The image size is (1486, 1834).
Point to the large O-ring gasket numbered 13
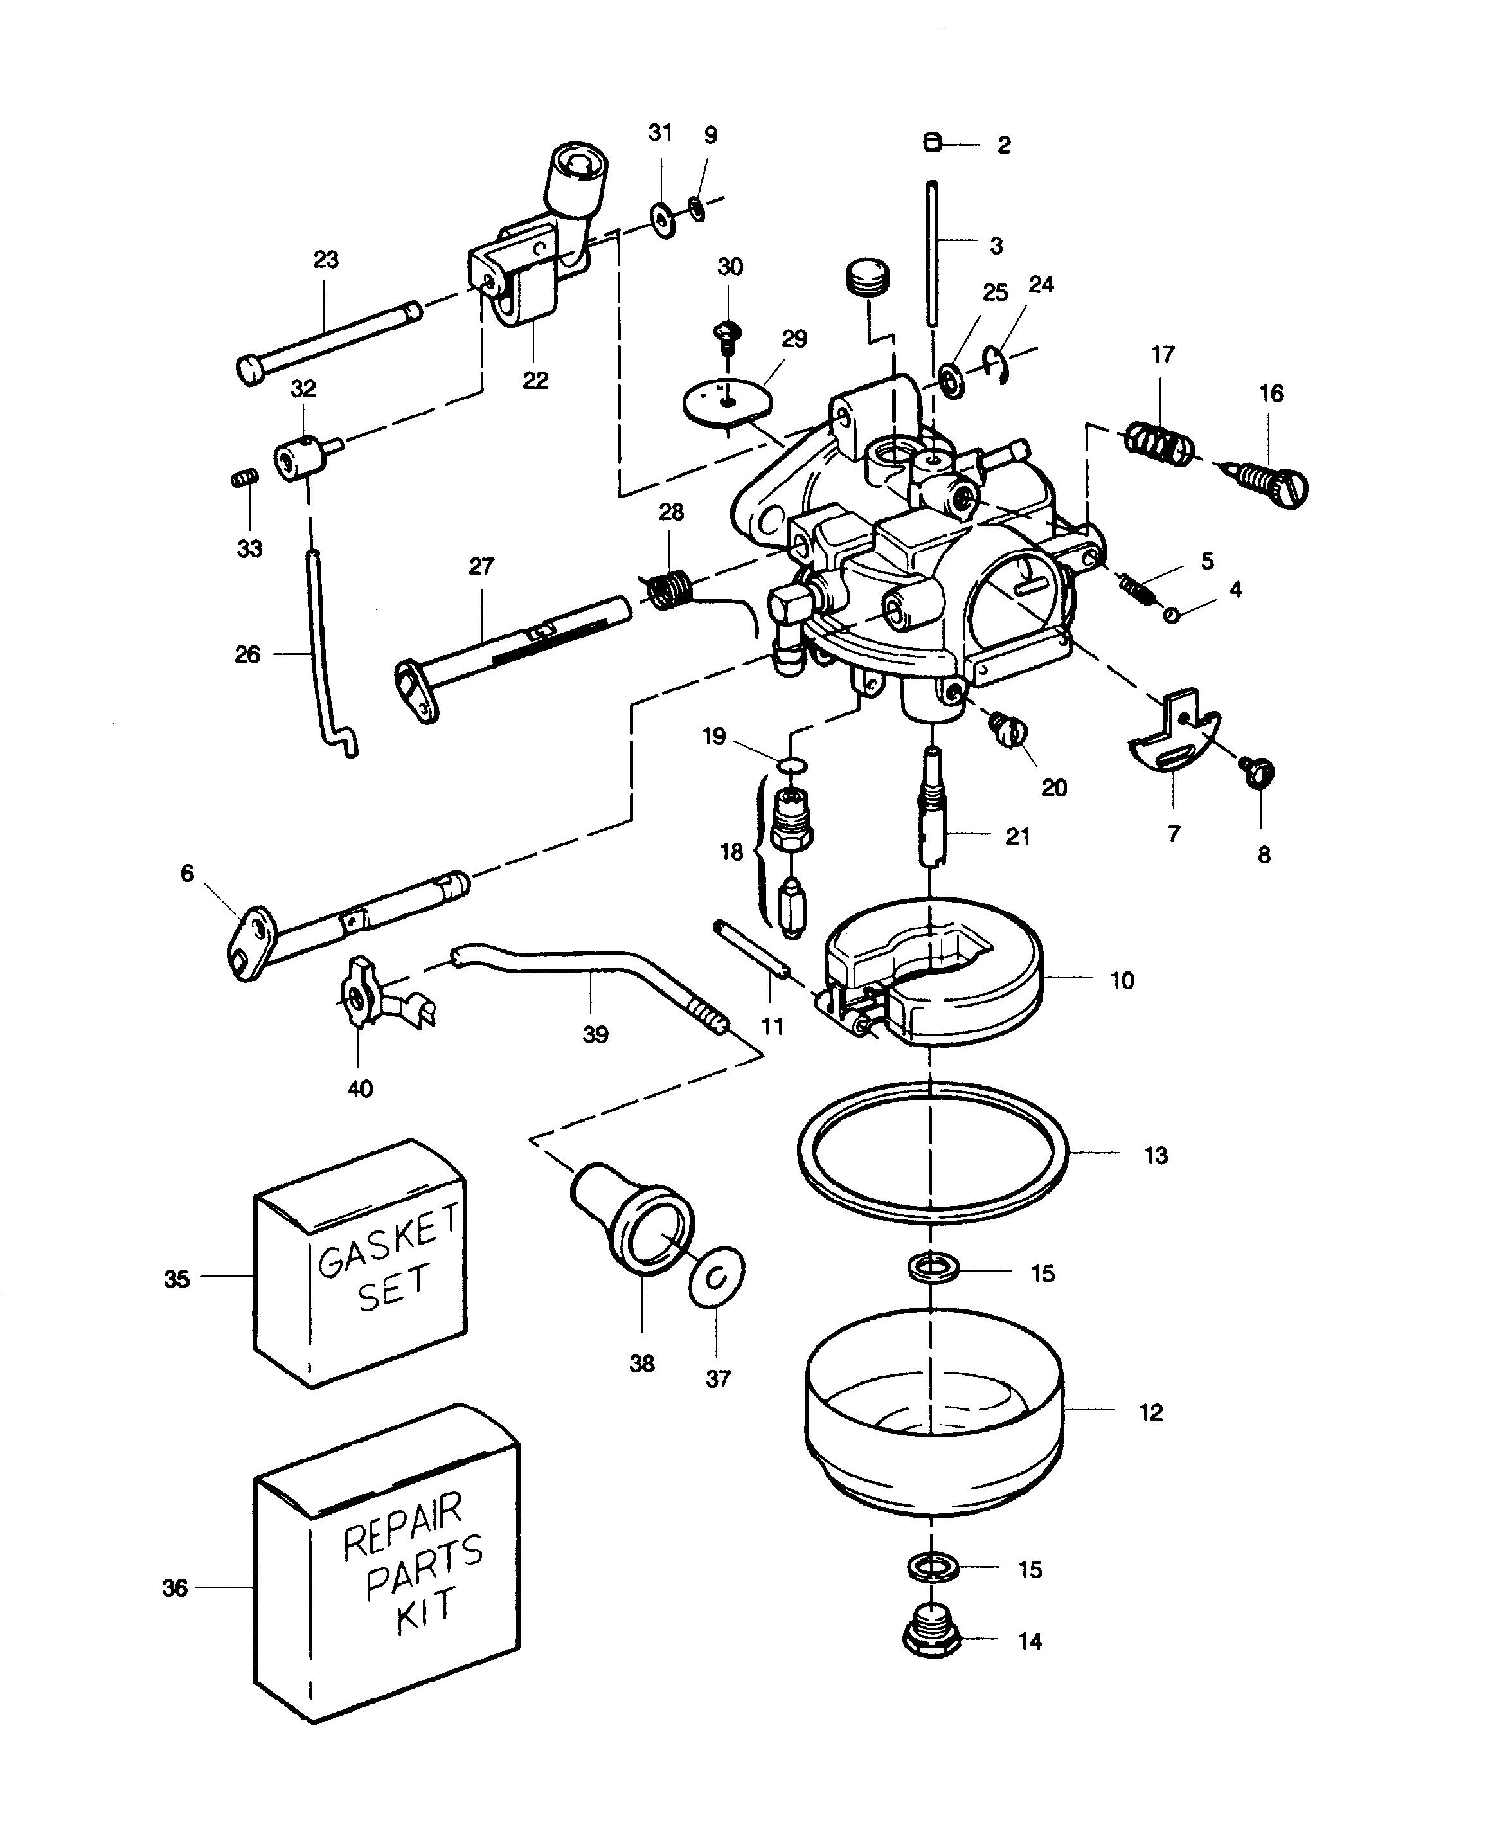click(x=934, y=1153)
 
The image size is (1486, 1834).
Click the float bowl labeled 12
click(x=934, y=1411)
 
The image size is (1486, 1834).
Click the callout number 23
click(x=326, y=260)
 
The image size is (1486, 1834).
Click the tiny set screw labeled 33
click(x=245, y=478)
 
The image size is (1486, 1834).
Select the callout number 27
click(x=482, y=566)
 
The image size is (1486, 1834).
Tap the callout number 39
click(x=596, y=1034)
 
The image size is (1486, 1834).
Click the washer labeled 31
click(x=663, y=220)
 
